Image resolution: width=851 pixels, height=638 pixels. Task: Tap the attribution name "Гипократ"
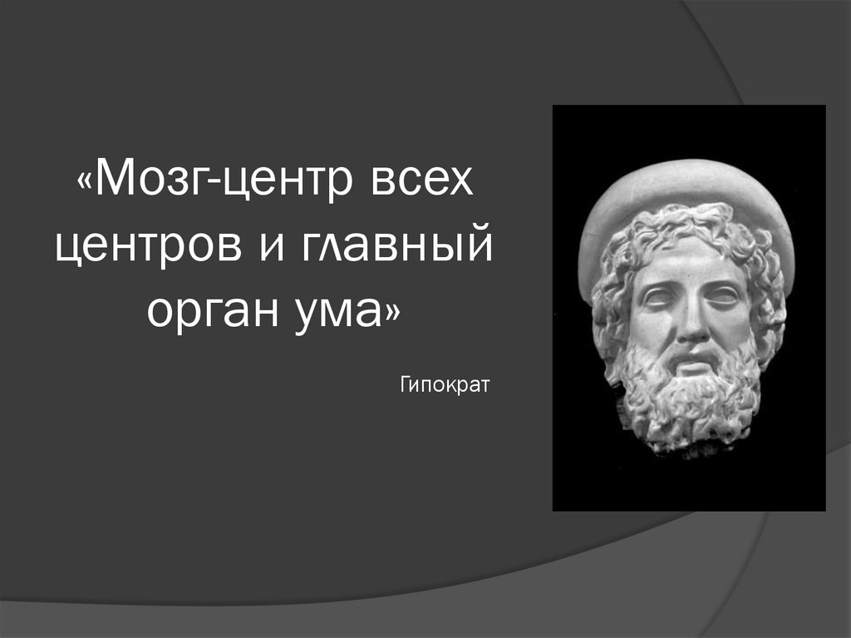pyautogui.click(x=445, y=385)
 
